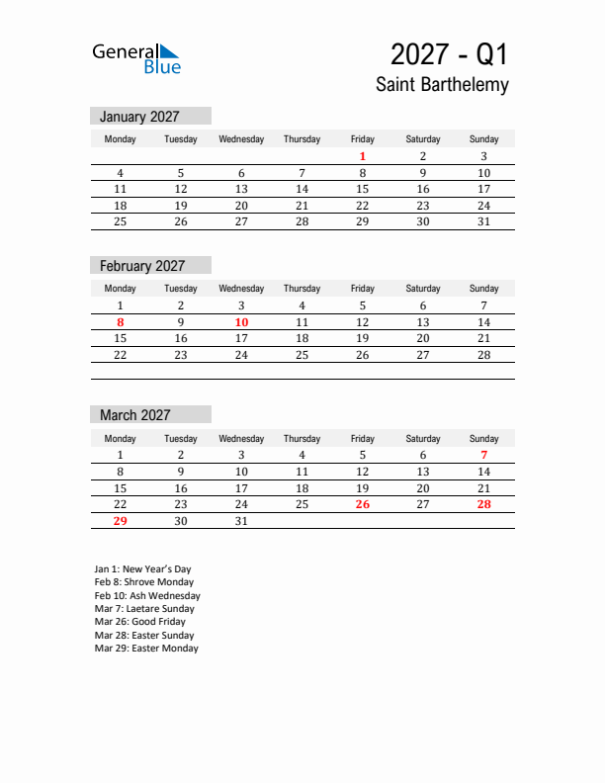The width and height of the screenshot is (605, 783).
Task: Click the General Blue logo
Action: [136, 58]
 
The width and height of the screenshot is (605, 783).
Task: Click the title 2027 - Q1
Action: [449, 53]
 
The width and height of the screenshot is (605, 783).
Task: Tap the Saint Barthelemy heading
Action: [442, 85]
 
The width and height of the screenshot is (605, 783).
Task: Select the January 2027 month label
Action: [139, 117]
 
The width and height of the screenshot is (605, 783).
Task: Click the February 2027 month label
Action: [142, 266]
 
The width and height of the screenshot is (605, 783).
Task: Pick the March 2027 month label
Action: [135, 415]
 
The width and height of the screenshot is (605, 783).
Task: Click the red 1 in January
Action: [363, 156]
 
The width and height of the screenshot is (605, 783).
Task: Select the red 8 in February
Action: [121, 322]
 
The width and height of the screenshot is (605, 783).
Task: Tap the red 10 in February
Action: [241, 322]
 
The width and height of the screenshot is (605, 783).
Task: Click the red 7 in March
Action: [483, 455]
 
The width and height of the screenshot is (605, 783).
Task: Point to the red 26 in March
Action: [363, 504]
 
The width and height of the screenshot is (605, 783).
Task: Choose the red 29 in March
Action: [121, 521]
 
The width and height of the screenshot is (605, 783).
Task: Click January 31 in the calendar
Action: [483, 221]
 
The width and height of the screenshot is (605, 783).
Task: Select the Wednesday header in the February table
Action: [241, 289]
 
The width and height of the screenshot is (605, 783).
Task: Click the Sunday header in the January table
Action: [483, 139]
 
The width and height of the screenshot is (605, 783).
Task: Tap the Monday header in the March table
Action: [121, 438]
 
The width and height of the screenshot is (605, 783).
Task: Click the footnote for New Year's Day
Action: [143, 569]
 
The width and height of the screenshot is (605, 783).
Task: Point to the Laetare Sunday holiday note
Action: [144, 609]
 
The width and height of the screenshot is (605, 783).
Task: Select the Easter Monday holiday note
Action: [146, 649]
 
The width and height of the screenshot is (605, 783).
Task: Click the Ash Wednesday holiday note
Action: [147, 596]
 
